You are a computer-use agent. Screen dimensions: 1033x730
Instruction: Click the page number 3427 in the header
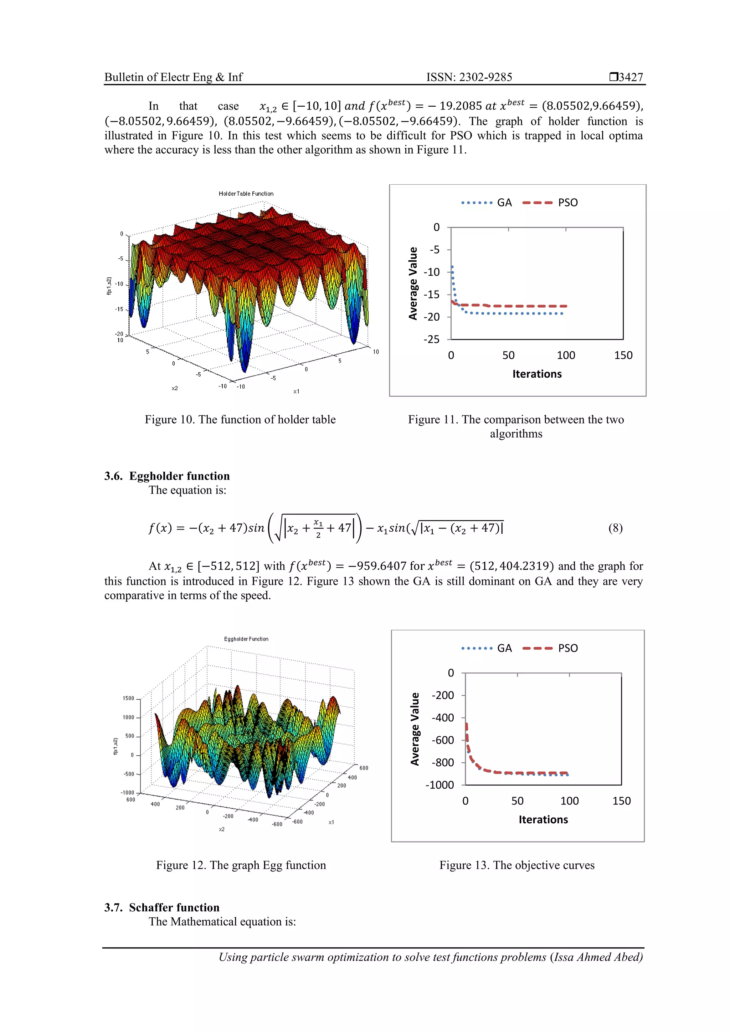click(630, 77)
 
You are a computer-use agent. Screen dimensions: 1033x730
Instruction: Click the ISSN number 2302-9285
click(485, 77)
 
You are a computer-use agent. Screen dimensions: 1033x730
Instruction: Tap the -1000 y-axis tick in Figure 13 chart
click(440, 785)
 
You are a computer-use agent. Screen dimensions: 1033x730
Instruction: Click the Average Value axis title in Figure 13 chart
click(414, 728)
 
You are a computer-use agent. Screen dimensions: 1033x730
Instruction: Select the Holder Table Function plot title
click(246, 194)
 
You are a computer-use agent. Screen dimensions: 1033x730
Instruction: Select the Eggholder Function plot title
click(246, 639)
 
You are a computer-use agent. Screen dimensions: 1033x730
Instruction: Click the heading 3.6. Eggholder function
click(167, 476)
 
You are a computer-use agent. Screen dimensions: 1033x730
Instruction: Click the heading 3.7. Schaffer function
click(162, 907)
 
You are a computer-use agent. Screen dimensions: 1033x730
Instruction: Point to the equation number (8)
click(615, 528)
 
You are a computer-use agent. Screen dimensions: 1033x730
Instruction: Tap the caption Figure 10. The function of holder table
click(240, 420)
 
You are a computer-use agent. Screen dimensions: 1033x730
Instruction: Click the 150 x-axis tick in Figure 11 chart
click(623, 356)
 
